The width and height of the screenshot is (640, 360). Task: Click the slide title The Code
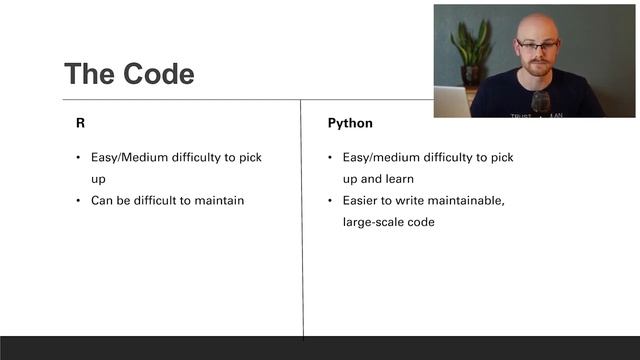coord(129,74)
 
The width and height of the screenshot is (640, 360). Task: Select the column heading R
coord(81,123)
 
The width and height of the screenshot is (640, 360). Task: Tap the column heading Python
coord(350,123)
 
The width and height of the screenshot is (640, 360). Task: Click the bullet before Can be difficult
coord(79,200)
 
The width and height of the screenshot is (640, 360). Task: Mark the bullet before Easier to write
coord(331,201)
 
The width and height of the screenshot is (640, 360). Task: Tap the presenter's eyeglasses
coord(538,46)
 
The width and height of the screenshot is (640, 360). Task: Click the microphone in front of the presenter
coord(540,101)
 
